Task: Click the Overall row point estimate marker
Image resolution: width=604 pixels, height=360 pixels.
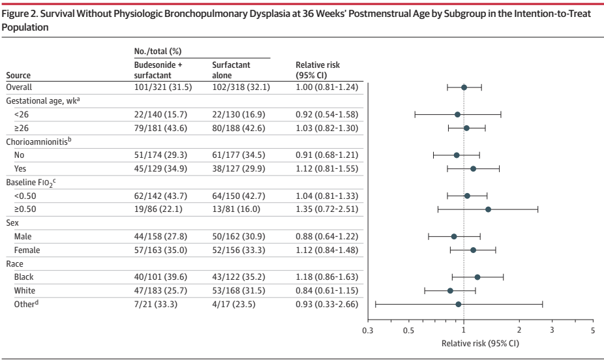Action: point(464,87)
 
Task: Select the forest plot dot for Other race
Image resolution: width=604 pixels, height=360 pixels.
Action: point(459,304)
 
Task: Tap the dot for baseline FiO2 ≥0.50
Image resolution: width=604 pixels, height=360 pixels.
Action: point(488,209)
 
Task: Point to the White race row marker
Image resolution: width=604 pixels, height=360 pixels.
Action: point(450,290)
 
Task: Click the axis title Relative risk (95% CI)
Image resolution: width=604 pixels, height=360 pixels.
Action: point(480,343)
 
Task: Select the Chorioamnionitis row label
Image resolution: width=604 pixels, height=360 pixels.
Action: point(38,142)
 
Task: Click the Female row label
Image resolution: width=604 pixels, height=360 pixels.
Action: point(27,250)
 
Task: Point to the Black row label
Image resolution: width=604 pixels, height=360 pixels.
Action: point(24,277)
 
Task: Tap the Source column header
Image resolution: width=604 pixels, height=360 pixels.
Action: point(18,75)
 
